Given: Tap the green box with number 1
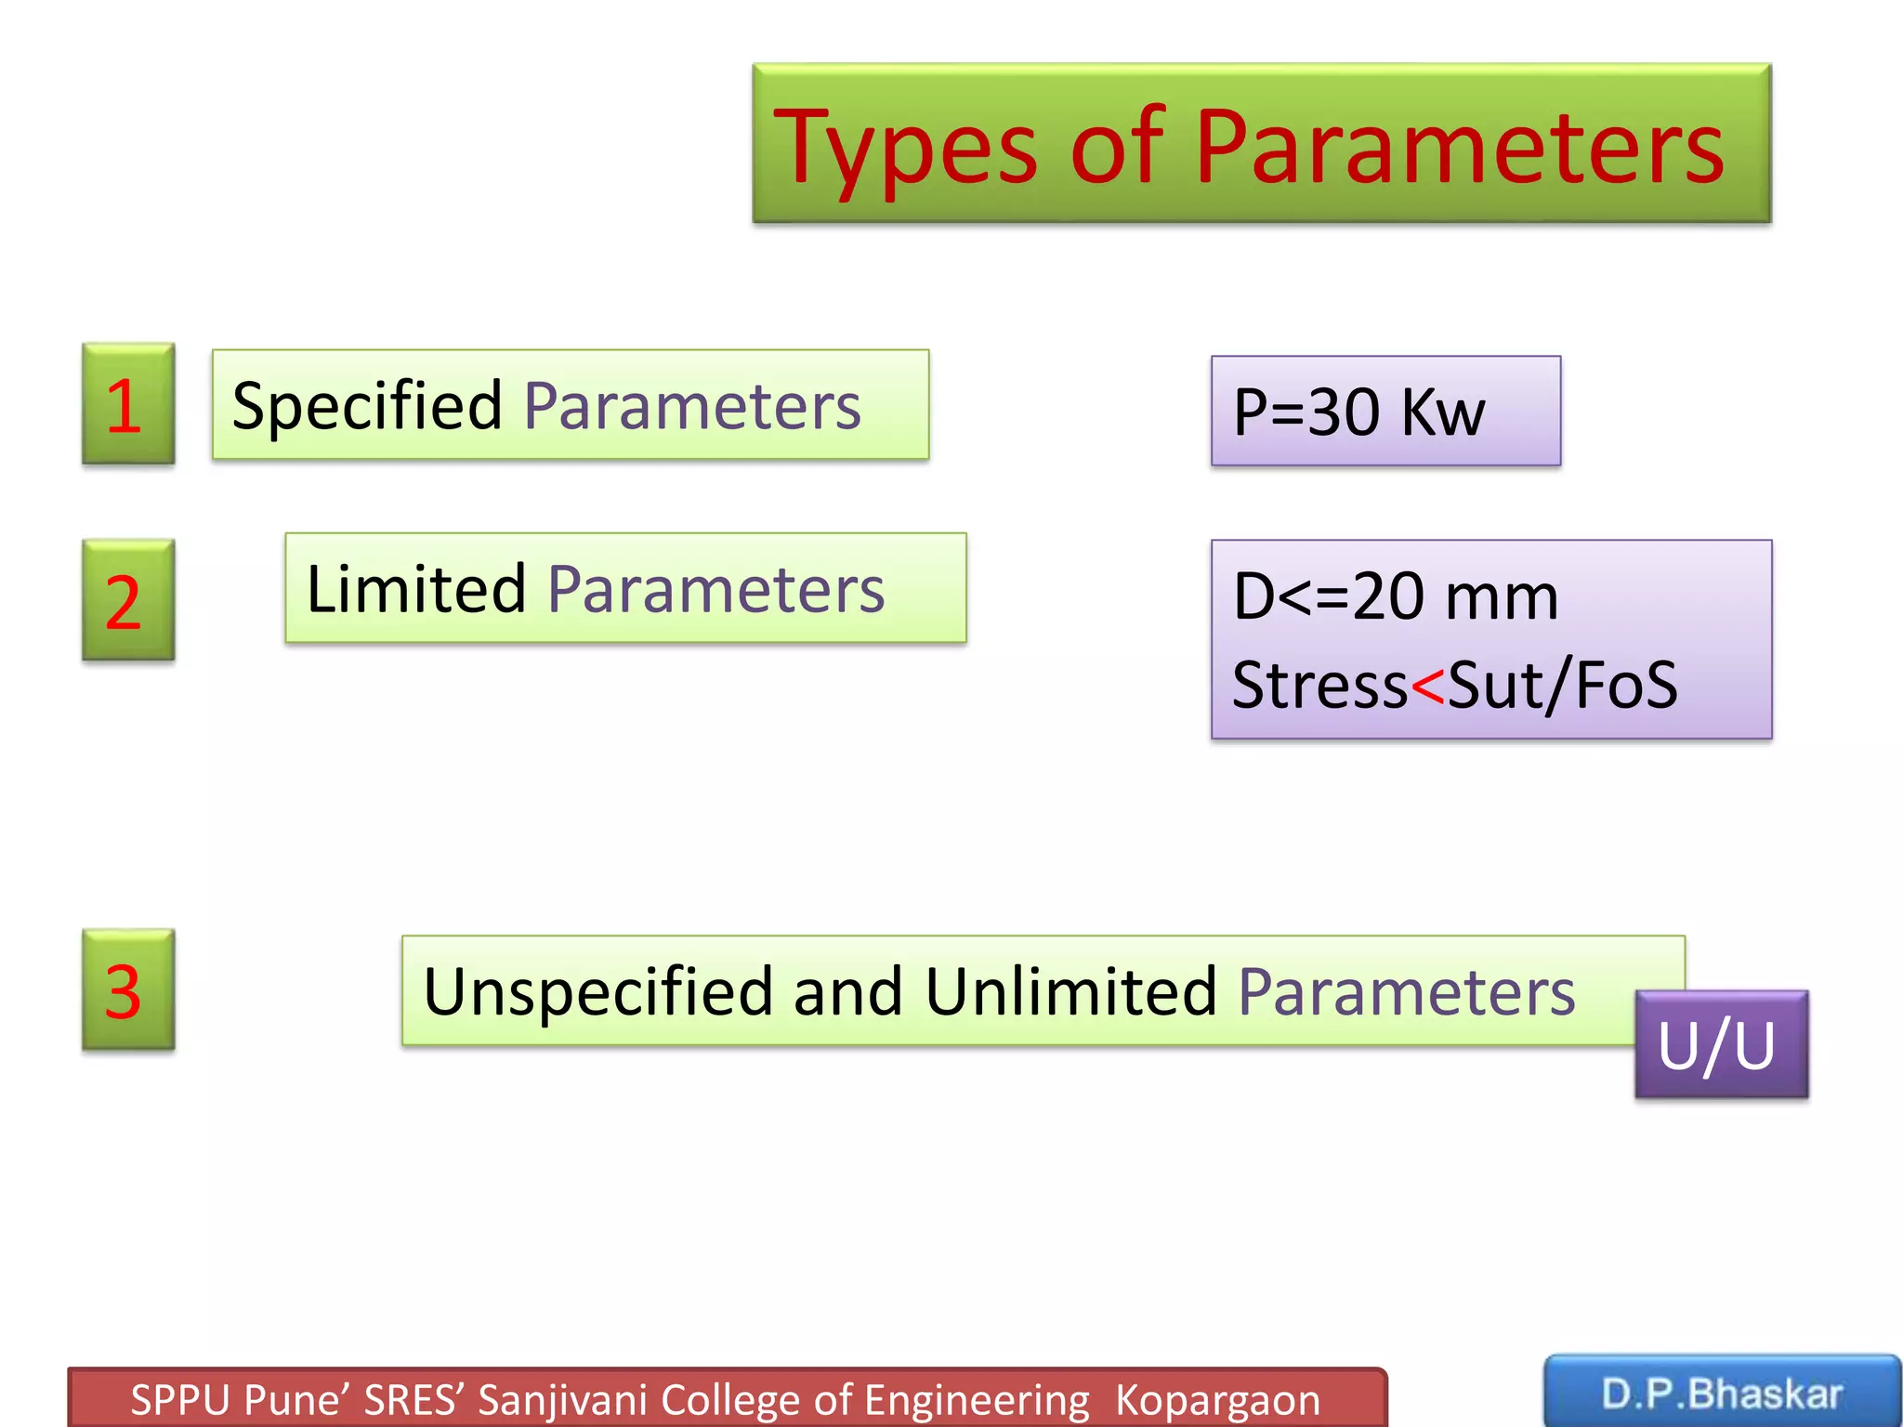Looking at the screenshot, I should coord(127,404).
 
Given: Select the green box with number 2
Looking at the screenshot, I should coord(127,601).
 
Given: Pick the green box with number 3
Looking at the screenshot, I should coord(127,990).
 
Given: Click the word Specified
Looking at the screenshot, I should coord(367,406).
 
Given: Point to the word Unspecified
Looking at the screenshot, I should coord(597,991).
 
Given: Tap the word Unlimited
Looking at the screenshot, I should coord(1070,991).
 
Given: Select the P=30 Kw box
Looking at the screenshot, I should coord(1385,411).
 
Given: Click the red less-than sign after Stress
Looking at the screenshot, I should coord(1427,686).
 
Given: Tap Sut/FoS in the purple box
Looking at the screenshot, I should coord(1562,686).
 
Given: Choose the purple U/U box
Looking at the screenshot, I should coord(1721,1045).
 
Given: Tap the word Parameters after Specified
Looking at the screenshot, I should coord(692,406).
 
